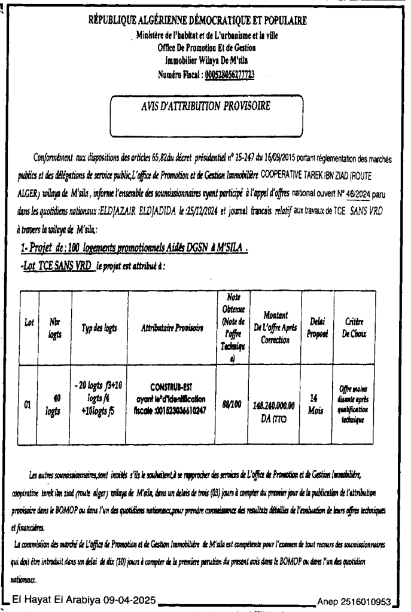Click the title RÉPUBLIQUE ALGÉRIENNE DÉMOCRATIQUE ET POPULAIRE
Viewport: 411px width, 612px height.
pyautogui.click(x=205, y=22)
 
